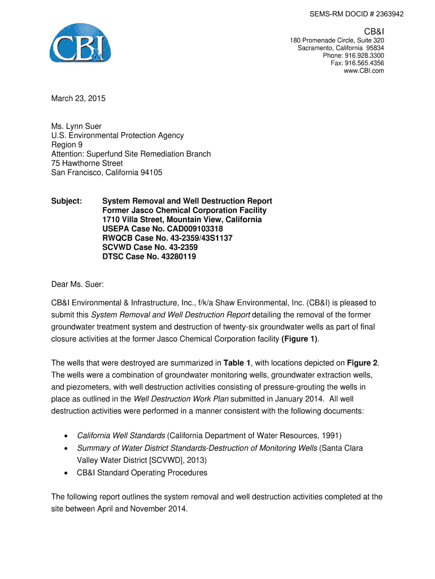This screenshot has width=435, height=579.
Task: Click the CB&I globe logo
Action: point(80,43)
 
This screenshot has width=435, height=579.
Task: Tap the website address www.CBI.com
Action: point(364,71)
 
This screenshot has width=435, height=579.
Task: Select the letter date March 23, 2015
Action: point(78,98)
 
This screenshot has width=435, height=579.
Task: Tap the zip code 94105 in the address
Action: point(151,172)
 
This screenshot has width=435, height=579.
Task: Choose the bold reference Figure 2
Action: point(362,362)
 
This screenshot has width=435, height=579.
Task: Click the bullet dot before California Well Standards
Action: point(67,436)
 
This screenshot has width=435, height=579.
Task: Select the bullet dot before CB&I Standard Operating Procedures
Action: point(67,473)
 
